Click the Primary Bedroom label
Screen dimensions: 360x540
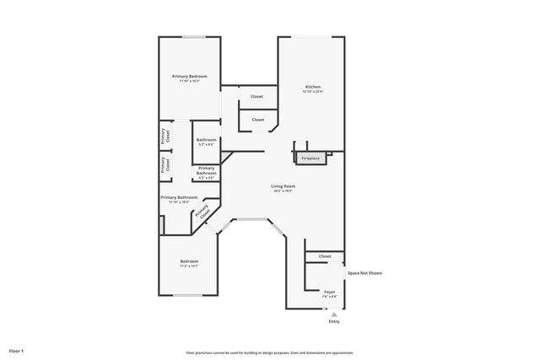point(189,77)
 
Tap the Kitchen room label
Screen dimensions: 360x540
point(312,87)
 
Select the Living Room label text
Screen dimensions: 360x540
point(283,185)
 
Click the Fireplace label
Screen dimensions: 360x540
point(310,158)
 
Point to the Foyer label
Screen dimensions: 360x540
point(329,292)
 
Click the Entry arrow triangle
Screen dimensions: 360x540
point(334,314)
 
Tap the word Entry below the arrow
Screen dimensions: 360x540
point(334,321)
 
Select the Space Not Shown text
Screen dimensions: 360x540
point(364,273)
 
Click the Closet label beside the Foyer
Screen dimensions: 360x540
point(325,256)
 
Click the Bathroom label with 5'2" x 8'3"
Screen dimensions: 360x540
point(207,139)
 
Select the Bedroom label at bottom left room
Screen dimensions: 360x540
point(189,261)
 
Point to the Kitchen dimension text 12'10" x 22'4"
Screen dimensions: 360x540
point(312,92)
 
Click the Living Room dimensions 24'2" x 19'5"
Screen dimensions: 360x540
point(283,191)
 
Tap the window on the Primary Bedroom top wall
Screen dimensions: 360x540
point(194,36)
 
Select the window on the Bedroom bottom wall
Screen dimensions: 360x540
point(187,295)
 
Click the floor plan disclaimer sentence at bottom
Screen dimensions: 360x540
point(269,352)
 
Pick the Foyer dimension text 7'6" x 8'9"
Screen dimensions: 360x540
point(329,297)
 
